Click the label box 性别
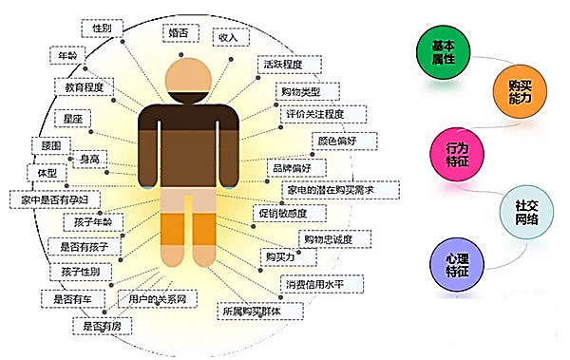click(102, 29)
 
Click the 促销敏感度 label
click(282, 214)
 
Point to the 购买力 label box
click(279, 256)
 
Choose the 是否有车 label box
click(72, 298)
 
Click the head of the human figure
click(189, 75)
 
